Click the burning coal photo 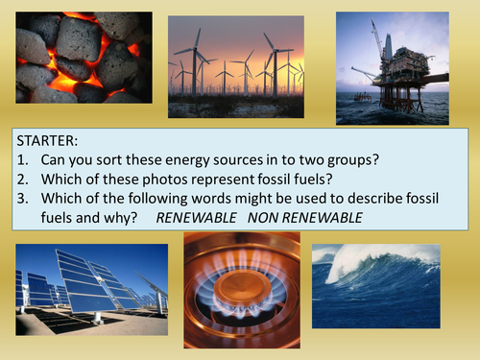coord(84,57)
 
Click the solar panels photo coord(89,288)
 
